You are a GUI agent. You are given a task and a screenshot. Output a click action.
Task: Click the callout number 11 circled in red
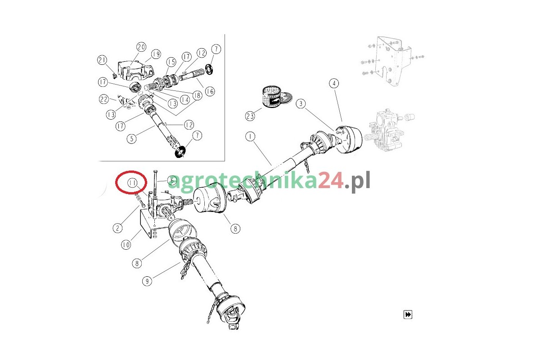(132, 183)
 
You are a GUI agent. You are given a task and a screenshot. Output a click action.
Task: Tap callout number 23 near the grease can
(250, 116)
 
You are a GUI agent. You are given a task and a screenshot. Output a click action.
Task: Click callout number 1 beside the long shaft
(250, 137)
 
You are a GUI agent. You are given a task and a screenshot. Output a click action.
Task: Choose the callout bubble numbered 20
(141, 47)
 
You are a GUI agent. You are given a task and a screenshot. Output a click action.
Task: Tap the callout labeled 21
(102, 60)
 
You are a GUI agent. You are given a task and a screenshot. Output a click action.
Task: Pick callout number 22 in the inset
(104, 99)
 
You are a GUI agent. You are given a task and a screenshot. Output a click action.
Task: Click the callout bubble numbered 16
(210, 91)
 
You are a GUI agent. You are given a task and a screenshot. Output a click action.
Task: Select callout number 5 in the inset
(131, 139)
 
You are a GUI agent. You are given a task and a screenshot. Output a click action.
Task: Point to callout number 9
(147, 281)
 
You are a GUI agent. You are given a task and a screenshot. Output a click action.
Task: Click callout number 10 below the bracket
(126, 245)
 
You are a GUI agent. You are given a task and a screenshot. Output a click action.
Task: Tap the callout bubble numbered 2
(117, 228)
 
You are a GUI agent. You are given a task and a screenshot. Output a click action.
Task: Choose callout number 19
(156, 54)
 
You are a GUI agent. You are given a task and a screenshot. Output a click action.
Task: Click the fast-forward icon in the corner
(408, 315)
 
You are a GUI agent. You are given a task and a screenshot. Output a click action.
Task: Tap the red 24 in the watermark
(330, 180)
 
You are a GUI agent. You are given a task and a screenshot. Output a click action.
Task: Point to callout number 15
(171, 62)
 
